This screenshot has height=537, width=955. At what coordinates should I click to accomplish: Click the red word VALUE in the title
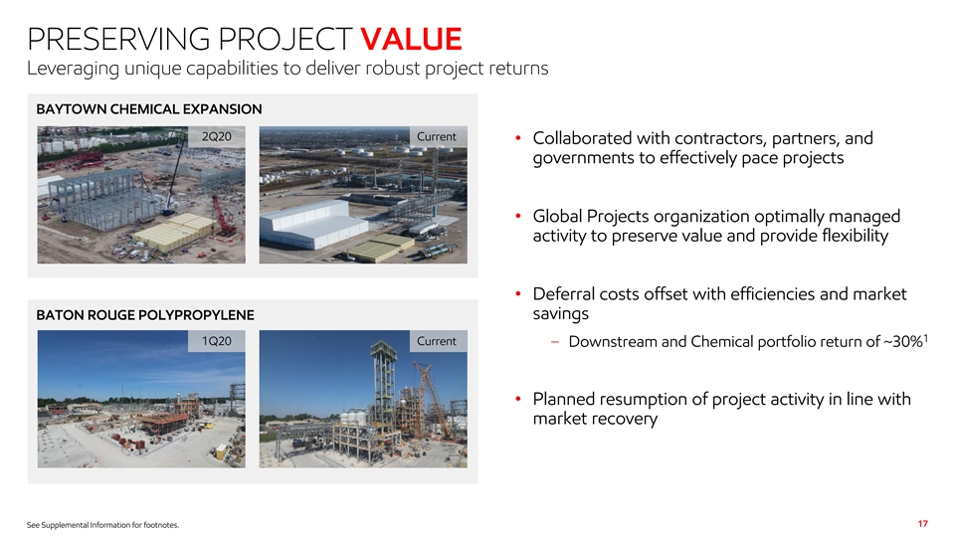[x=411, y=39]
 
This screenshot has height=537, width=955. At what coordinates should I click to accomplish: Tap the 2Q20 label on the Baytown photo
[x=217, y=137]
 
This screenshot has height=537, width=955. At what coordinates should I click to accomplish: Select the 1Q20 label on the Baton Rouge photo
[x=217, y=341]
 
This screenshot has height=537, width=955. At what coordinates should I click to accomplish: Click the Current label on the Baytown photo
[x=436, y=137]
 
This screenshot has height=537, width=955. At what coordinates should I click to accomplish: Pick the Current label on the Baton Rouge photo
[x=436, y=341]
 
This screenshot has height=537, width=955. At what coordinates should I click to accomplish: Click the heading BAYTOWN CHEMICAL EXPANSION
[x=149, y=109]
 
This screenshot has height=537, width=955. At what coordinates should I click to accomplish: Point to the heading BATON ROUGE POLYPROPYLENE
[x=145, y=315]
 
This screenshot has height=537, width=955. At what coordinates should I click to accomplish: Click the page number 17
[x=923, y=524]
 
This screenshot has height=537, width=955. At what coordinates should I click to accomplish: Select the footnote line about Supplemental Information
[x=102, y=525]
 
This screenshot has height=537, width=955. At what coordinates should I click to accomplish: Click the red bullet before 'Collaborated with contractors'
[x=517, y=138]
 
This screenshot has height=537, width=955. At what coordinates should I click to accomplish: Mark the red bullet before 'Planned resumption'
[x=517, y=399]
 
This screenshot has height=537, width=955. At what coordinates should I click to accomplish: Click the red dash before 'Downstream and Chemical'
[x=555, y=341]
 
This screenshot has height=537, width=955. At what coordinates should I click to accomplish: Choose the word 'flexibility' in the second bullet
[x=856, y=237]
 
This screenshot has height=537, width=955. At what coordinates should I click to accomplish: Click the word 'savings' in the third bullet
[x=560, y=314]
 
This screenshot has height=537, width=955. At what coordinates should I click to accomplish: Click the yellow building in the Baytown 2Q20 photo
[x=173, y=232]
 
